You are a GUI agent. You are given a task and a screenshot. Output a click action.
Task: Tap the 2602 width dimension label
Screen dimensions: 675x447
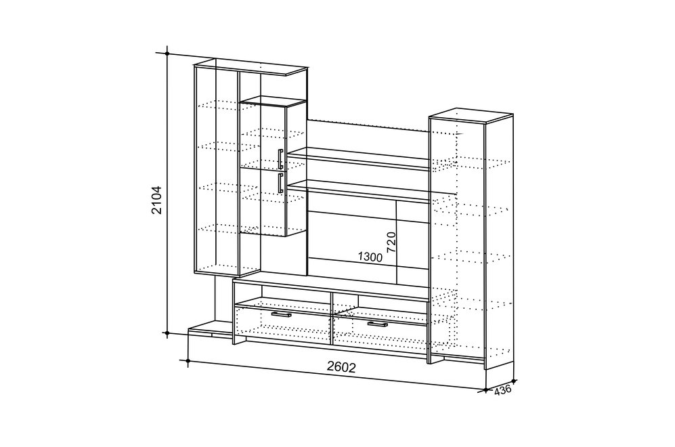click(x=341, y=367)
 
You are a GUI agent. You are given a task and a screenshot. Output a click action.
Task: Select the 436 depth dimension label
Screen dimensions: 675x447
click(x=503, y=390)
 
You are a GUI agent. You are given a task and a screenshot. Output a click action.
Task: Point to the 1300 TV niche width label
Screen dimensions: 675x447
click(x=370, y=257)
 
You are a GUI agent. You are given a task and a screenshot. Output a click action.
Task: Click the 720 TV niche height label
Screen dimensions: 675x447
click(x=391, y=242)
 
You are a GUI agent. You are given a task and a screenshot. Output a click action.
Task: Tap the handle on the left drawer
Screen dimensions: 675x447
click(x=281, y=315)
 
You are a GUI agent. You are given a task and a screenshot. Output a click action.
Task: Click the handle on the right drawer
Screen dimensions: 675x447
click(x=378, y=324)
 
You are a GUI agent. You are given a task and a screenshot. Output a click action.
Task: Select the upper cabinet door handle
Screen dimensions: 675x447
click(x=280, y=159)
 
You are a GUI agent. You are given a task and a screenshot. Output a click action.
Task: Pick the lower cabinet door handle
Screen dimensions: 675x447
click(x=280, y=183)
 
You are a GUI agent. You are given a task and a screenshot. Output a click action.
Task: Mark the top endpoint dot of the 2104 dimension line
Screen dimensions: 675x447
click(x=167, y=54)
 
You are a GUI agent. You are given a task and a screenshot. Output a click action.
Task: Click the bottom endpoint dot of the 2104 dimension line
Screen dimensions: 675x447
click(x=167, y=333)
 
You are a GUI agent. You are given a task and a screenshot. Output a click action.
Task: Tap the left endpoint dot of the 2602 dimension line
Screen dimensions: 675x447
click(x=188, y=360)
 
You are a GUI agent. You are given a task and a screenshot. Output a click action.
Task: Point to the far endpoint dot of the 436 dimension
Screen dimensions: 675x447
click(x=514, y=381)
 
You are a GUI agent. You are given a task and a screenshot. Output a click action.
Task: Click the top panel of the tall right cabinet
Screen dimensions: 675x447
click(x=471, y=115)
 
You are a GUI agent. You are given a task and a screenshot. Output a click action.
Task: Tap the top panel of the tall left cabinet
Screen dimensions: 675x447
click(x=251, y=67)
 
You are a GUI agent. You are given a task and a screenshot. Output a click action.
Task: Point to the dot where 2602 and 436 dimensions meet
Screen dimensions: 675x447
click(x=485, y=390)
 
